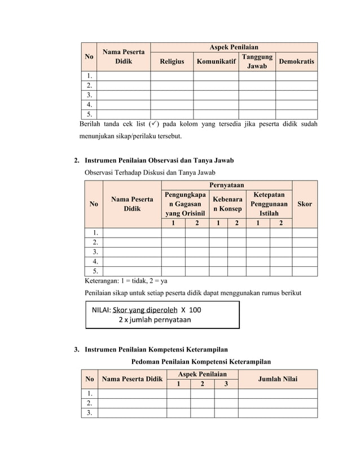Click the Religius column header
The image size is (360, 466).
[172, 61]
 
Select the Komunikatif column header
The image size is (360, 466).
[216, 61]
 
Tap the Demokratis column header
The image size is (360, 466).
[296, 61]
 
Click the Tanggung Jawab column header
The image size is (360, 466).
[257, 61]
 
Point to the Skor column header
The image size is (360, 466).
[304, 204]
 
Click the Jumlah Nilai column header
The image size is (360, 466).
[277, 379]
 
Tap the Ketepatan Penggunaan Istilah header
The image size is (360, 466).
[269, 204]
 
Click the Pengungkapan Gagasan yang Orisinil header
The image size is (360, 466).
[185, 204]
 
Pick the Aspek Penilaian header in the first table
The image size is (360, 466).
[234, 47]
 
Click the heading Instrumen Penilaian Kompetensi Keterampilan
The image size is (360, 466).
[156, 350]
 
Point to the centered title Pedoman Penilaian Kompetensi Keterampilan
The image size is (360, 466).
[200, 362]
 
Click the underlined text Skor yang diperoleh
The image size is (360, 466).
[145, 310]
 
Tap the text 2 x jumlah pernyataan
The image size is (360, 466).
[155, 320]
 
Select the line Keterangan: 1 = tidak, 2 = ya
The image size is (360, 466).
[125, 280]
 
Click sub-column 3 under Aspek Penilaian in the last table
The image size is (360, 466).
[226, 384]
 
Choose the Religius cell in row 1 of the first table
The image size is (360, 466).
[172, 76]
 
